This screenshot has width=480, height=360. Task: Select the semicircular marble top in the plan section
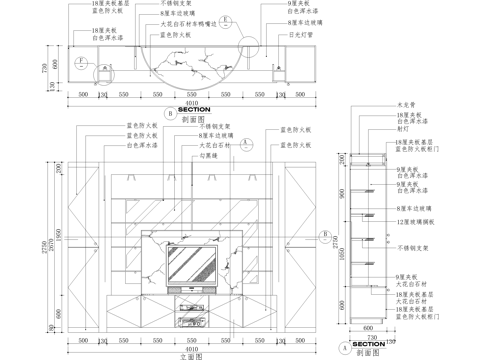pos(190,56)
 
